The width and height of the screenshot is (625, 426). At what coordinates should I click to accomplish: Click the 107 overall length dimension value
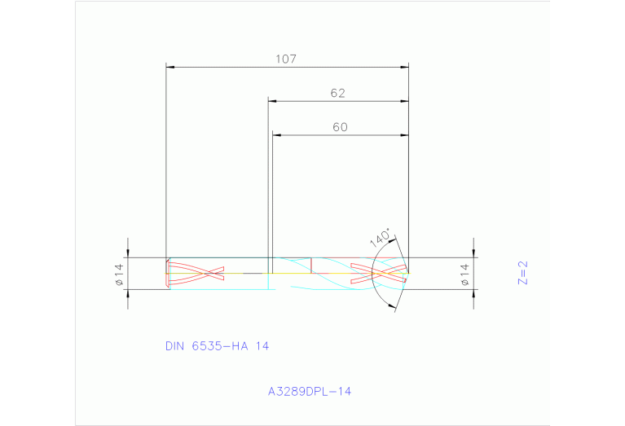285,59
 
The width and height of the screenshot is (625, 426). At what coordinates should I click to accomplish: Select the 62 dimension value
338,94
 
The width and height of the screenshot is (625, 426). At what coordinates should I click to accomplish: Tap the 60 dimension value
340,127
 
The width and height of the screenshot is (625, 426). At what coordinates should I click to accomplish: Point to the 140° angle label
380,238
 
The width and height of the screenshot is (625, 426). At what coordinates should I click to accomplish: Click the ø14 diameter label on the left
118,273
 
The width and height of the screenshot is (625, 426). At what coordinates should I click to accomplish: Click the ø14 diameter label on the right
465,274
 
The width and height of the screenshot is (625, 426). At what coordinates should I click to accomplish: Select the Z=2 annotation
523,272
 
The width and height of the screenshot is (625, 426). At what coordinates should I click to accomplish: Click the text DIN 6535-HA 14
217,346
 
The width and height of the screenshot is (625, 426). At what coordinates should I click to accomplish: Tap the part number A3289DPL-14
310,392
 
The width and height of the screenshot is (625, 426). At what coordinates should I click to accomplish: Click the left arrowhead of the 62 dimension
273,101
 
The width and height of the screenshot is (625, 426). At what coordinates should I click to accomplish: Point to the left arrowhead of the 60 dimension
276,135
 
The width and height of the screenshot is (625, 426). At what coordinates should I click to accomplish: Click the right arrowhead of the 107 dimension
404,67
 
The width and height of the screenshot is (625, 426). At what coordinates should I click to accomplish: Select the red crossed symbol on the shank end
196,274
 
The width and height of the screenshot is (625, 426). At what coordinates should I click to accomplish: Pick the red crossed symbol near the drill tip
378,273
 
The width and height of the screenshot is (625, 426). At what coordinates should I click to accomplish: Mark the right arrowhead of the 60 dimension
404,135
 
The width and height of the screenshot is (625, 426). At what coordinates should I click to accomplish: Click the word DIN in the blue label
174,346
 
